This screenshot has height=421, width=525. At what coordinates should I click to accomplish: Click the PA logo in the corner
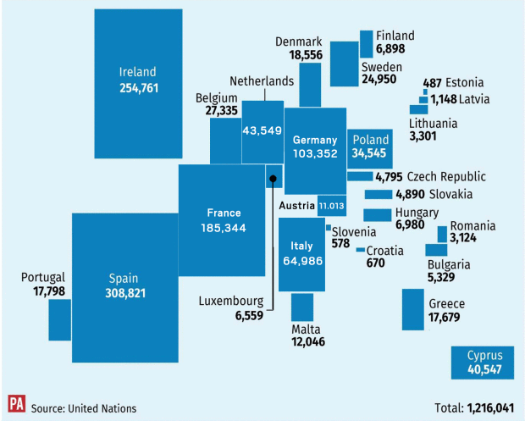coord(15,404)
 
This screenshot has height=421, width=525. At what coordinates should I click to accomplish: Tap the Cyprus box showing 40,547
coord(484,362)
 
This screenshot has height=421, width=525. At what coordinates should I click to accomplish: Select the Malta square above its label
coord(303,306)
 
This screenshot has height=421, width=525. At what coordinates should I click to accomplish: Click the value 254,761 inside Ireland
coord(139,87)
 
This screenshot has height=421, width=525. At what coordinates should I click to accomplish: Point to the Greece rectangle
coord(412,309)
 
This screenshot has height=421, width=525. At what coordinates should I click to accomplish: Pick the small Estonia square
coord(426,91)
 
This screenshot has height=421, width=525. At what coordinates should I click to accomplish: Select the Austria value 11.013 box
coord(331,205)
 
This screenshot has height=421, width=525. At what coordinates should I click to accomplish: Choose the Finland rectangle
coord(366,43)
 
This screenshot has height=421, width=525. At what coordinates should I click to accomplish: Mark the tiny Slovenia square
coord(329,227)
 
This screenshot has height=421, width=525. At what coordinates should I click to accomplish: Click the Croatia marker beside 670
coord(361,250)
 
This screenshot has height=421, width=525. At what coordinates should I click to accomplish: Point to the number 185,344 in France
coord(224,229)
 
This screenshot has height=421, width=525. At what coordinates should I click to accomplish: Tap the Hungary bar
coord(377,215)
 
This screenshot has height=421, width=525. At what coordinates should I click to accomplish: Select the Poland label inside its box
coord(371,140)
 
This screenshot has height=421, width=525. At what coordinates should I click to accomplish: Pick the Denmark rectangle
coord(310,85)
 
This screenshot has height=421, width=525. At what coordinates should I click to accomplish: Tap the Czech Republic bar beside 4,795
coord(360,176)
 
